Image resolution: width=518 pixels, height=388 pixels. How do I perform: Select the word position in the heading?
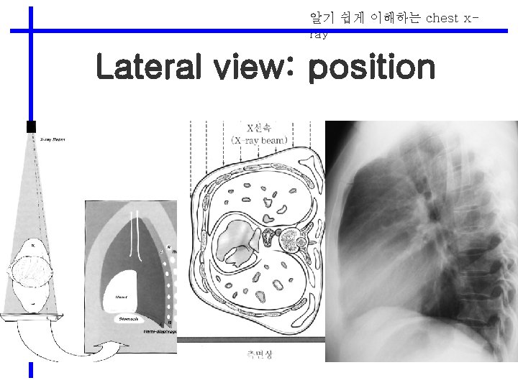tap(371, 69)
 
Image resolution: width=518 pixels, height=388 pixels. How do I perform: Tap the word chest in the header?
tap(442, 18)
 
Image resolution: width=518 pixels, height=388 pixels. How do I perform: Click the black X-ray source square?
tap(31, 127)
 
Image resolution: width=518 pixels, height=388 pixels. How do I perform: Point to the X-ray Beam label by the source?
tap(52, 139)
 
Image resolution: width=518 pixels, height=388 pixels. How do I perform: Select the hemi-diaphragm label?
tap(160, 332)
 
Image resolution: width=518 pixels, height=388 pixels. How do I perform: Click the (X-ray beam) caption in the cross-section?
tap(259, 140)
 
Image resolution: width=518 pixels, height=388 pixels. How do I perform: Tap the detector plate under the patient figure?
tap(30, 317)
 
